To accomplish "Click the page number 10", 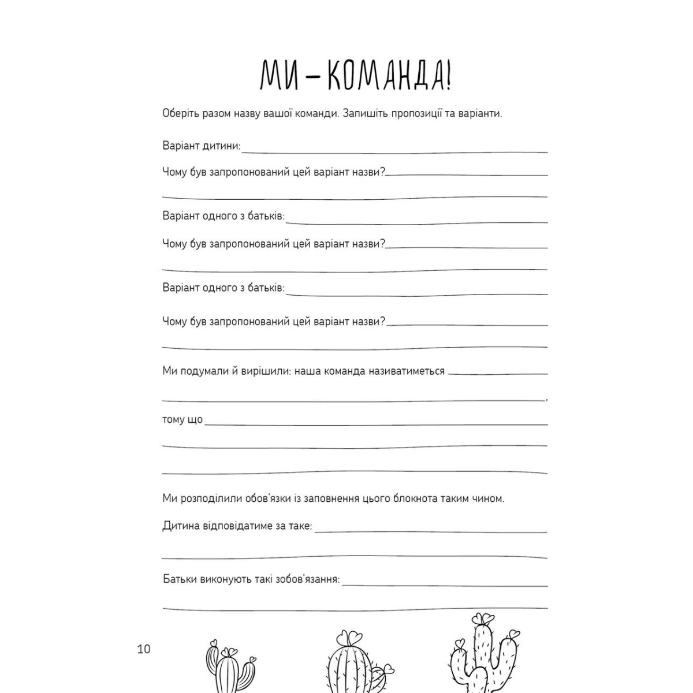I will point(143,649).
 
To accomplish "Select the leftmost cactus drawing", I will point(230,670).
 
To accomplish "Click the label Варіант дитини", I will point(201,146).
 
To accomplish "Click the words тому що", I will point(182,419).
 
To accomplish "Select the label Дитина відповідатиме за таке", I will point(237,526).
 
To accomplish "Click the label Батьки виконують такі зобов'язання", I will point(251,579).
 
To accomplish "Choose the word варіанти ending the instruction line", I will point(480,113).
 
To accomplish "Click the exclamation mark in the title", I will point(448,75).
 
